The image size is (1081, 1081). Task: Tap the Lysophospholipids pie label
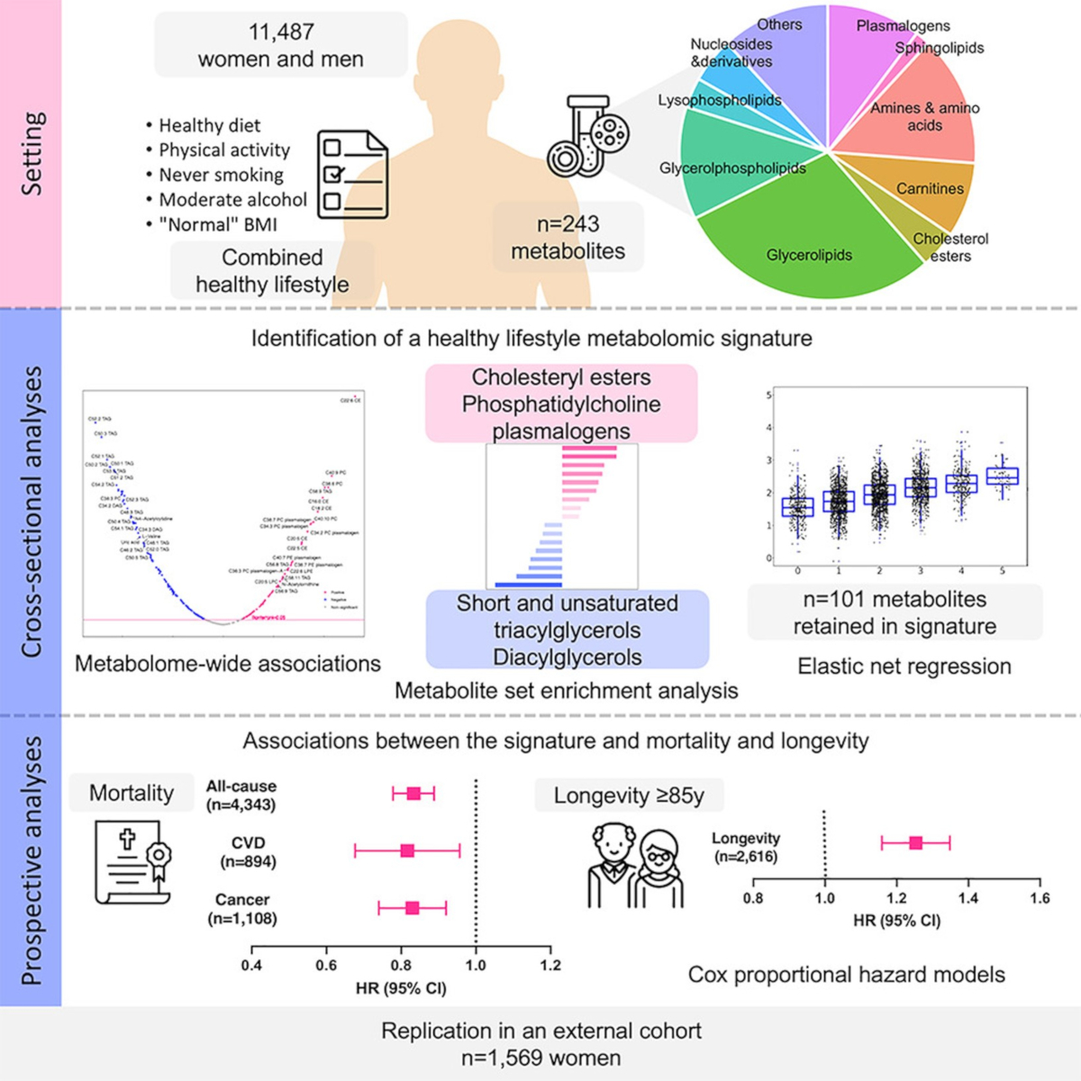719,101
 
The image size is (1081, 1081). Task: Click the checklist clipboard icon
353,174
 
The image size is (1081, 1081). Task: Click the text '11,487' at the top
281,32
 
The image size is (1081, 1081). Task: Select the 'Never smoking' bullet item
221,175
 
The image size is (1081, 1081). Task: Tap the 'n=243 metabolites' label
568,237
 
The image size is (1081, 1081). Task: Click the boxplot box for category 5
1003,477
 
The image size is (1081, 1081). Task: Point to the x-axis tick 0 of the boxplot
798,571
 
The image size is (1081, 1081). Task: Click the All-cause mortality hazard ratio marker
413,794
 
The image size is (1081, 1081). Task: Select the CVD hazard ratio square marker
407,850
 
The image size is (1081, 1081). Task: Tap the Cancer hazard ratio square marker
413,908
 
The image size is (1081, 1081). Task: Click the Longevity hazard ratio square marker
916,843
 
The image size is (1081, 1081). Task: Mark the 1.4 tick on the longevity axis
967,898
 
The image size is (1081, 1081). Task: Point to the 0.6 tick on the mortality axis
326,965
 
